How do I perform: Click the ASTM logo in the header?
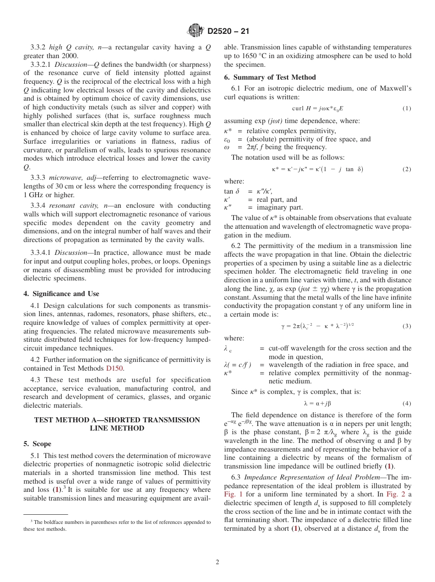196,31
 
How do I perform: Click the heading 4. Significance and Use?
61,294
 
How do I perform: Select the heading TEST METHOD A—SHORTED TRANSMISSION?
117,420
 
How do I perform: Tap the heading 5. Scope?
37,444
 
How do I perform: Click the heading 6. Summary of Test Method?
270,77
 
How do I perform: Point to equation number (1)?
407,108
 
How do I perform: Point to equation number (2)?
407,169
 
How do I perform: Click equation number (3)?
407,326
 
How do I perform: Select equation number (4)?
407,404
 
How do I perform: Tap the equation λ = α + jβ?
317,404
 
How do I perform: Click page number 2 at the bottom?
217,562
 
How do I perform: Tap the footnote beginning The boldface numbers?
117,525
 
